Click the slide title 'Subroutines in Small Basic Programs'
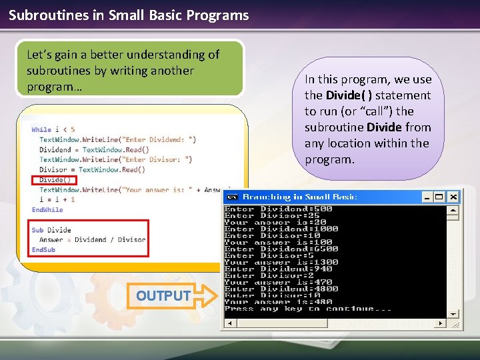click(x=129, y=15)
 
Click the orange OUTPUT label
click(x=163, y=295)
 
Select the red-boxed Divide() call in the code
click(x=54, y=180)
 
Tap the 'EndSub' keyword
click(x=43, y=249)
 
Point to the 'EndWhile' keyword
click(x=47, y=209)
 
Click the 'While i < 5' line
click(x=53, y=129)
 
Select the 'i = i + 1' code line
click(x=57, y=199)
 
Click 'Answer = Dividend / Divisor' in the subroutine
click(x=92, y=239)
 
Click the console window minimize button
click(x=427, y=197)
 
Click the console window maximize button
click(x=440, y=197)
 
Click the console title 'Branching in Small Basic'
click(x=300, y=197)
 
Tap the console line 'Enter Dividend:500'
click(x=279, y=209)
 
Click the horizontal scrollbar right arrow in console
click(x=440, y=323)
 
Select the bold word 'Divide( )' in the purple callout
click(x=349, y=95)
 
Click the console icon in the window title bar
click(x=232, y=197)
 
